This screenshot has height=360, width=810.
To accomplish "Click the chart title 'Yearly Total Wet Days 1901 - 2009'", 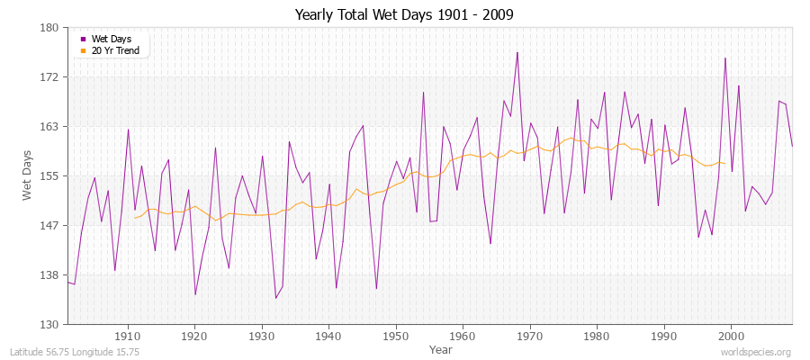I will (404, 15).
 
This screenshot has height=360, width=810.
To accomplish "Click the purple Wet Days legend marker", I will (84, 39).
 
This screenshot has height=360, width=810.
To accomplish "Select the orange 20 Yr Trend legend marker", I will (84, 50).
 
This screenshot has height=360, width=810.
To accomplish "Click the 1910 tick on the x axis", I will (128, 335).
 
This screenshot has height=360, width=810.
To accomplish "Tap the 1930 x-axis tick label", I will (262, 335).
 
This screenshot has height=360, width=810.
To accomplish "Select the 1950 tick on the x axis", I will (396, 335).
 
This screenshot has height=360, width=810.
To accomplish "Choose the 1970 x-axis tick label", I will (530, 335).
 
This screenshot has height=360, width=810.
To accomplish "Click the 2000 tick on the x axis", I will (731, 335).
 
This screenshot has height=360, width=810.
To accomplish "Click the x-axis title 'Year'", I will (441, 348).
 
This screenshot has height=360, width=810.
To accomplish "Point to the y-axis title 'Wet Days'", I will (28, 175).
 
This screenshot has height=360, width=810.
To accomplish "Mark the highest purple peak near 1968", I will (517, 52).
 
